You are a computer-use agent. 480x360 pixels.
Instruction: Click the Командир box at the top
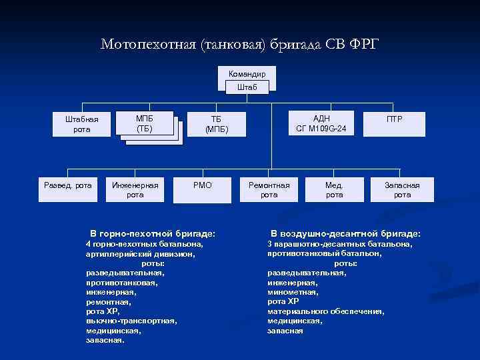pyautogui.click(x=247, y=73)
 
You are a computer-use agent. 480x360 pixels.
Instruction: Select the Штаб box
pyautogui.click(x=247, y=87)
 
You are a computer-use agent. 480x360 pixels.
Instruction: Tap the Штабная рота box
pyautogui.click(x=82, y=124)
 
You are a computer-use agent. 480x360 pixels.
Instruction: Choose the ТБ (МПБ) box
pyautogui.click(x=216, y=124)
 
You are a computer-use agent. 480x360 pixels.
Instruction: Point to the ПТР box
pyautogui.click(x=395, y=119)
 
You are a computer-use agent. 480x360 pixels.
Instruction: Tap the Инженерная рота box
pyautogui.click(x=135, y=189)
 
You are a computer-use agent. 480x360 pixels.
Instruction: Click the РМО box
pyautogui.click(x=203, y=185)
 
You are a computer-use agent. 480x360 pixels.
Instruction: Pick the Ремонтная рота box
pyautogui.click(x=269, y=189)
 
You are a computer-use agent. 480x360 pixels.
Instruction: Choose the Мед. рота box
pyautogui.click(x=334, y=189)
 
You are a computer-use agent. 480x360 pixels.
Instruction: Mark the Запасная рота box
pyautogui.click(x=402, y=189)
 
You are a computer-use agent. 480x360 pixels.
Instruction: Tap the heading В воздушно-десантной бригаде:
pyautogui.click(x=345, y=234)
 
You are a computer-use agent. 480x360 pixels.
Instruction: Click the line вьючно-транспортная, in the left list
pyautogui.click(x=131, y=321)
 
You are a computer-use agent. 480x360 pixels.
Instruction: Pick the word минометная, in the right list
pyautogui.click(x=293, y=292)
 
